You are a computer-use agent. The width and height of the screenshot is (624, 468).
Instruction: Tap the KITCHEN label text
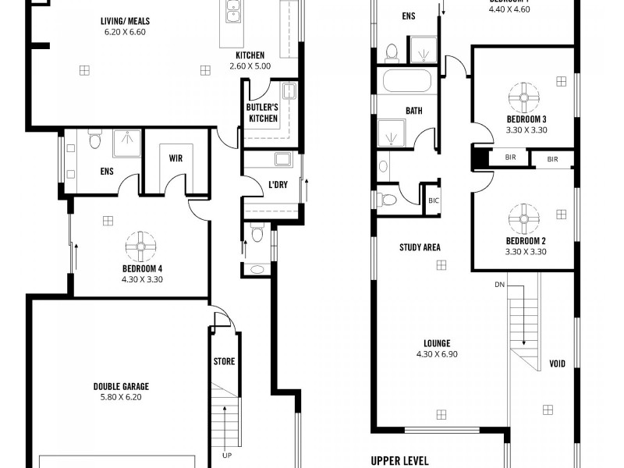[250, 55]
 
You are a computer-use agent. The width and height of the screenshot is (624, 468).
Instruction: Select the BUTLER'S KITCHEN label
[262, 112]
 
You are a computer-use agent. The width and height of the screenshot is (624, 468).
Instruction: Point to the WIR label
[176, 158]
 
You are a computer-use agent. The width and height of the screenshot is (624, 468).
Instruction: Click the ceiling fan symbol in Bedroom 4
[141, 246]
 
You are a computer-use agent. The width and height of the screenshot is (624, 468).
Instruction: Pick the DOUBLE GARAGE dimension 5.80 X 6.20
[121, 397]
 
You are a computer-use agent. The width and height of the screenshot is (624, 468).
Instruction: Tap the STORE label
[224, 361]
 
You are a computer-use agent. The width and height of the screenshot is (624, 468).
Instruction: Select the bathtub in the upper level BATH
[405, 81]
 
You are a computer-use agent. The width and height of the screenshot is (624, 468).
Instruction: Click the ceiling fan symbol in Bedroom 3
[525, 97]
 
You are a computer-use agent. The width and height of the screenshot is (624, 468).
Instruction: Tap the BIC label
[434, 200]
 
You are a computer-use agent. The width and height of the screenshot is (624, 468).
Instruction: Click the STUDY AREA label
[420, 248]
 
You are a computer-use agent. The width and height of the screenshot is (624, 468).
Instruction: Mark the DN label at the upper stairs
[499, 285]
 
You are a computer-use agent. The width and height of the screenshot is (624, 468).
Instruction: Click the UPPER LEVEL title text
[399, 460]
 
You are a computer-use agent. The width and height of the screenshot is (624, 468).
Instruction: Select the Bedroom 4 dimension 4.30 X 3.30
[141, 278]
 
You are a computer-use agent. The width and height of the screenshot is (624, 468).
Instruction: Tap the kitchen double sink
[232, 10]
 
